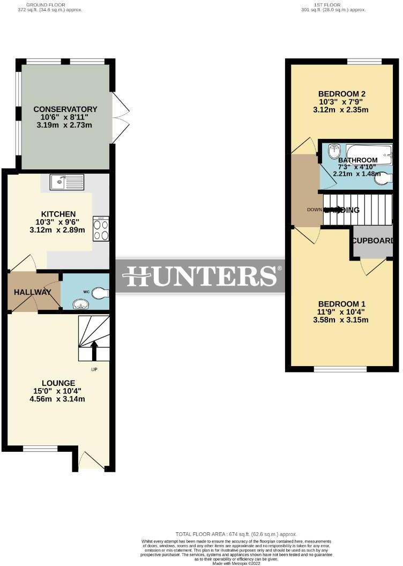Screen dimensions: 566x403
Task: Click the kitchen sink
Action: pos(66,182)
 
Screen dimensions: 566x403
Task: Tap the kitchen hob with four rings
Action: pos(101,229)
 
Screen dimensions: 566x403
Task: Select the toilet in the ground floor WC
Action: pos(99,293)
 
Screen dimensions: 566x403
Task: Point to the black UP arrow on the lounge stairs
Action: pos(95,351)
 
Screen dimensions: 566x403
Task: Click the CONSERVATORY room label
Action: pos(65,109)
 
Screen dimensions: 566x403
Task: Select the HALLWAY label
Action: pos(33,292)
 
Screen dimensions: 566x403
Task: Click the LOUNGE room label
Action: pos(58,383)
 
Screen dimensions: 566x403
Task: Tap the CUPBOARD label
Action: pos(373,241)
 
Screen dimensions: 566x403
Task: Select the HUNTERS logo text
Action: pos(200,277)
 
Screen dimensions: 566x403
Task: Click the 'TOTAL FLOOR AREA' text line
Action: pos(236,534)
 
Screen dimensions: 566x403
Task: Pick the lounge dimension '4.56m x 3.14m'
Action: pos(58,399)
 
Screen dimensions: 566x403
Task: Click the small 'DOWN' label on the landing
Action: pos(314,210)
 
